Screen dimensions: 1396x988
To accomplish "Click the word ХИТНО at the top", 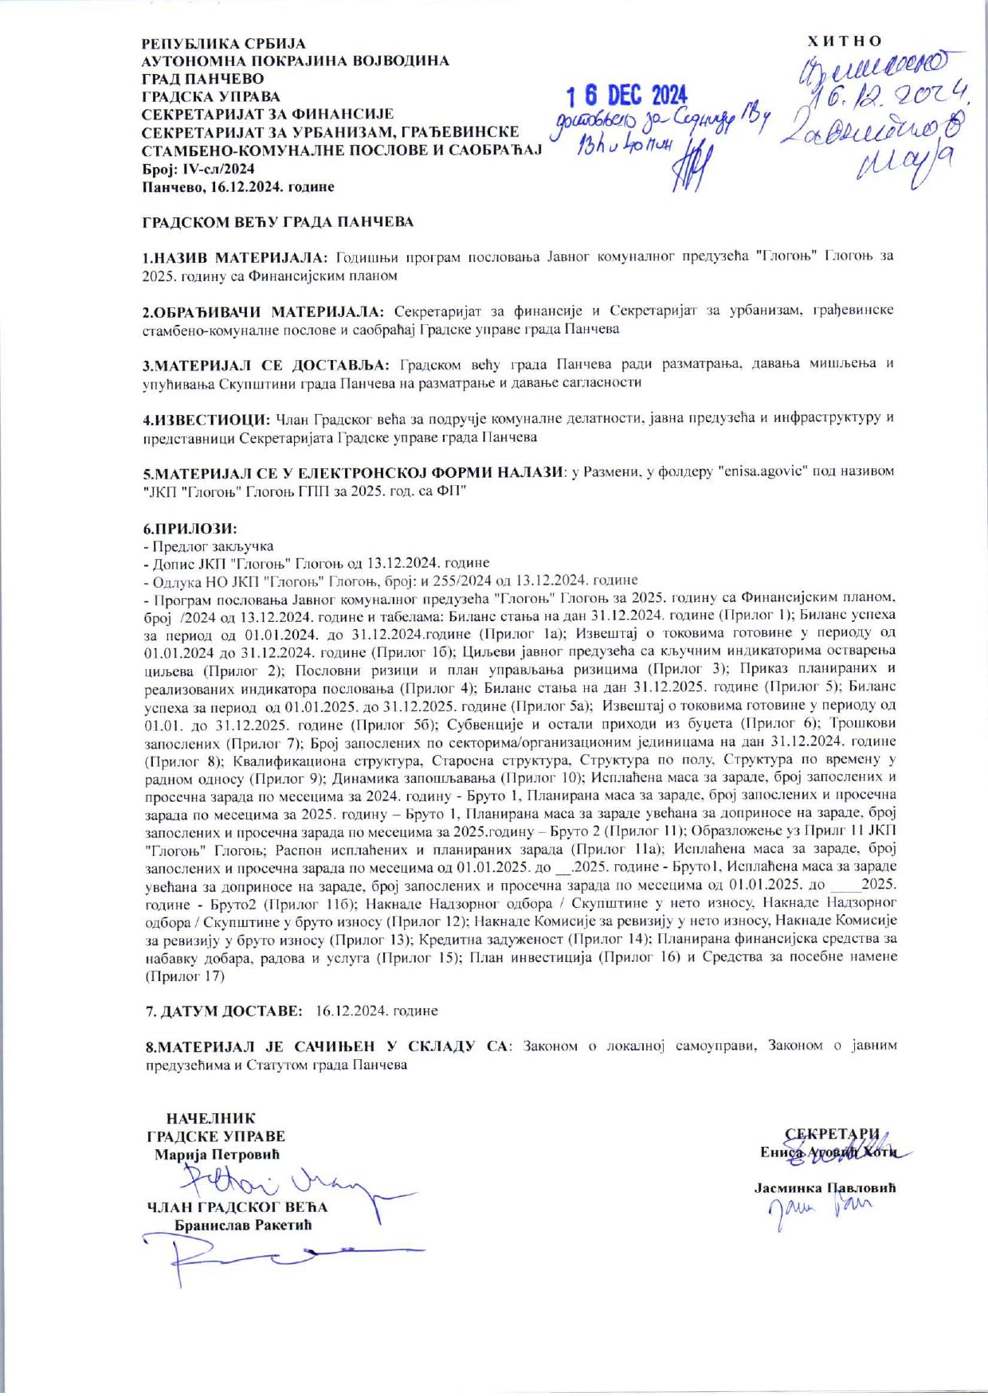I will (845, 41).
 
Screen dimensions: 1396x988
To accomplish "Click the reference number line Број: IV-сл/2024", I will (198, 169).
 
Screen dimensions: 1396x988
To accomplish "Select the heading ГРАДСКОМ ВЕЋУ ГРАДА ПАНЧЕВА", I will (278, 222).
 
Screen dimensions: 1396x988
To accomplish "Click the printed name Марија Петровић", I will (217, 1155).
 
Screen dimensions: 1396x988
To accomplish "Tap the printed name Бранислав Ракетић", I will (243, 1225).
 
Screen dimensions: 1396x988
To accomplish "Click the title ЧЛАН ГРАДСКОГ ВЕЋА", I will (237, 1207).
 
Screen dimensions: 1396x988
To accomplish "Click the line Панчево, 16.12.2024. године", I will (237, 187).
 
